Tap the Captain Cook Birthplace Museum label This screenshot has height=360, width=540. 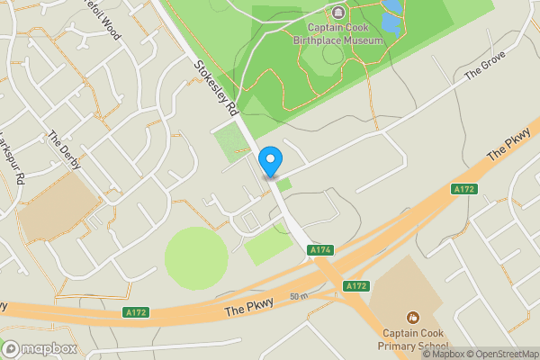[337, 32]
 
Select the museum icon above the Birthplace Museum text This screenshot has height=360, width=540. [337, 13]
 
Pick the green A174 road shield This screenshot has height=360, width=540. [320, 249]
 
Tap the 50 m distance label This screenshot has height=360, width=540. [300, 296]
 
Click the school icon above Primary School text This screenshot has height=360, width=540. [413, 318]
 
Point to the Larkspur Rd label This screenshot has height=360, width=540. [11, 158]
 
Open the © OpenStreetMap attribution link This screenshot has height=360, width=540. [502, 354]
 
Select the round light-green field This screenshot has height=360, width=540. [196, 258]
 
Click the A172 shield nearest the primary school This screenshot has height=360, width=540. [356, 285]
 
